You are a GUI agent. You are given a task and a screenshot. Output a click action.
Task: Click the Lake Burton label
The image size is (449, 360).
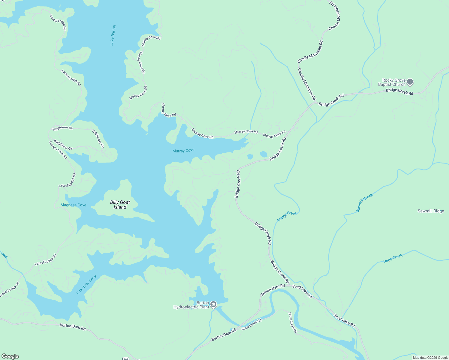113,35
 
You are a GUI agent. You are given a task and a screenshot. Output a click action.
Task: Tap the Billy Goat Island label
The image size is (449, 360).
120,205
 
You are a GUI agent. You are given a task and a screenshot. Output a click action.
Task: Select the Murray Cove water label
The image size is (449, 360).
183,151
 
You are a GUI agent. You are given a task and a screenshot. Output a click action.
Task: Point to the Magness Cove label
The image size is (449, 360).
73,205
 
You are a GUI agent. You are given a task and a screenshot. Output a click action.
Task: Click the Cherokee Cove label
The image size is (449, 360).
86,285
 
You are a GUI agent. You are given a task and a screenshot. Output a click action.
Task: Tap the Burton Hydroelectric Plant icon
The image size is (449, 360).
213,305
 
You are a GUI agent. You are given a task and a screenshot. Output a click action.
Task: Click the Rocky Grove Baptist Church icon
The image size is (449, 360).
410,82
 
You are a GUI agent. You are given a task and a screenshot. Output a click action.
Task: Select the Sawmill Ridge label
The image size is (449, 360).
431,211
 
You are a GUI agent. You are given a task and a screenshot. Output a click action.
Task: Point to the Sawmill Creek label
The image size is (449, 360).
364,203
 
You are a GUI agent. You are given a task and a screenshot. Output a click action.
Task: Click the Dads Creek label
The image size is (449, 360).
393,259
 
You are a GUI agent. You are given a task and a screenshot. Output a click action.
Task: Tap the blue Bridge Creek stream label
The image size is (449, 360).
287,216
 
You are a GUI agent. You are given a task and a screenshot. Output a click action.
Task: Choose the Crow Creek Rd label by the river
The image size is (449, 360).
252,324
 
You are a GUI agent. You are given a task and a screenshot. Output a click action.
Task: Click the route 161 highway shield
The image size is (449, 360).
126,358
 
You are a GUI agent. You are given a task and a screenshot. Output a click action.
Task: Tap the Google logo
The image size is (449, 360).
10,356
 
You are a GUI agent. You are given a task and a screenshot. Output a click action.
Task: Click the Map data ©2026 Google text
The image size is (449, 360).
430,358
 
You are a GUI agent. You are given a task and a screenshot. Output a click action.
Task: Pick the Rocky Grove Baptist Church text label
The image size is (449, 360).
392,82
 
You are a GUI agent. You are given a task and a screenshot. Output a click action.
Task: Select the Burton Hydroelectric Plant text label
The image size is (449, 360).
191,305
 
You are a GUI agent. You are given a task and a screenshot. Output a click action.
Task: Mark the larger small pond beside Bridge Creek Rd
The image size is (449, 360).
264,154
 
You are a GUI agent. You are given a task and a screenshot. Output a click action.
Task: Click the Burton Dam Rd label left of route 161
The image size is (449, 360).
73,327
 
